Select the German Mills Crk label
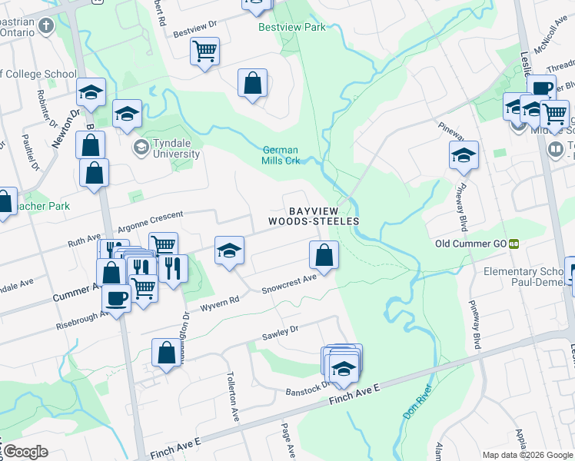[280, 155]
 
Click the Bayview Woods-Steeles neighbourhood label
[314, 215]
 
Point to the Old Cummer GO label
[470, 244]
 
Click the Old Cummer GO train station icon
[514, 244]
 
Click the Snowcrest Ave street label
[288, 284]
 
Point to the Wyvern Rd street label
[220, 305]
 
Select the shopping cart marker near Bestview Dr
[204, 51]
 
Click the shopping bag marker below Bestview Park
[252, 82]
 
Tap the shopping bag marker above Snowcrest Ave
[324, 254]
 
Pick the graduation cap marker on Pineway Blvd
[464, 154]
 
